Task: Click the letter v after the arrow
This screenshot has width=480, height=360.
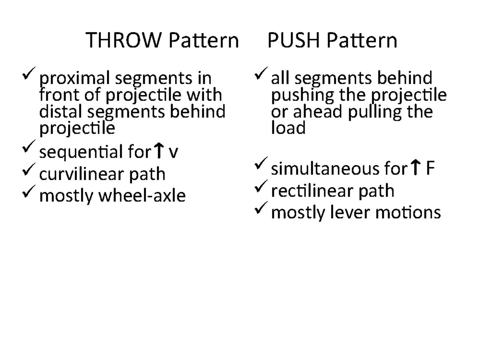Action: coord(172,153)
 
